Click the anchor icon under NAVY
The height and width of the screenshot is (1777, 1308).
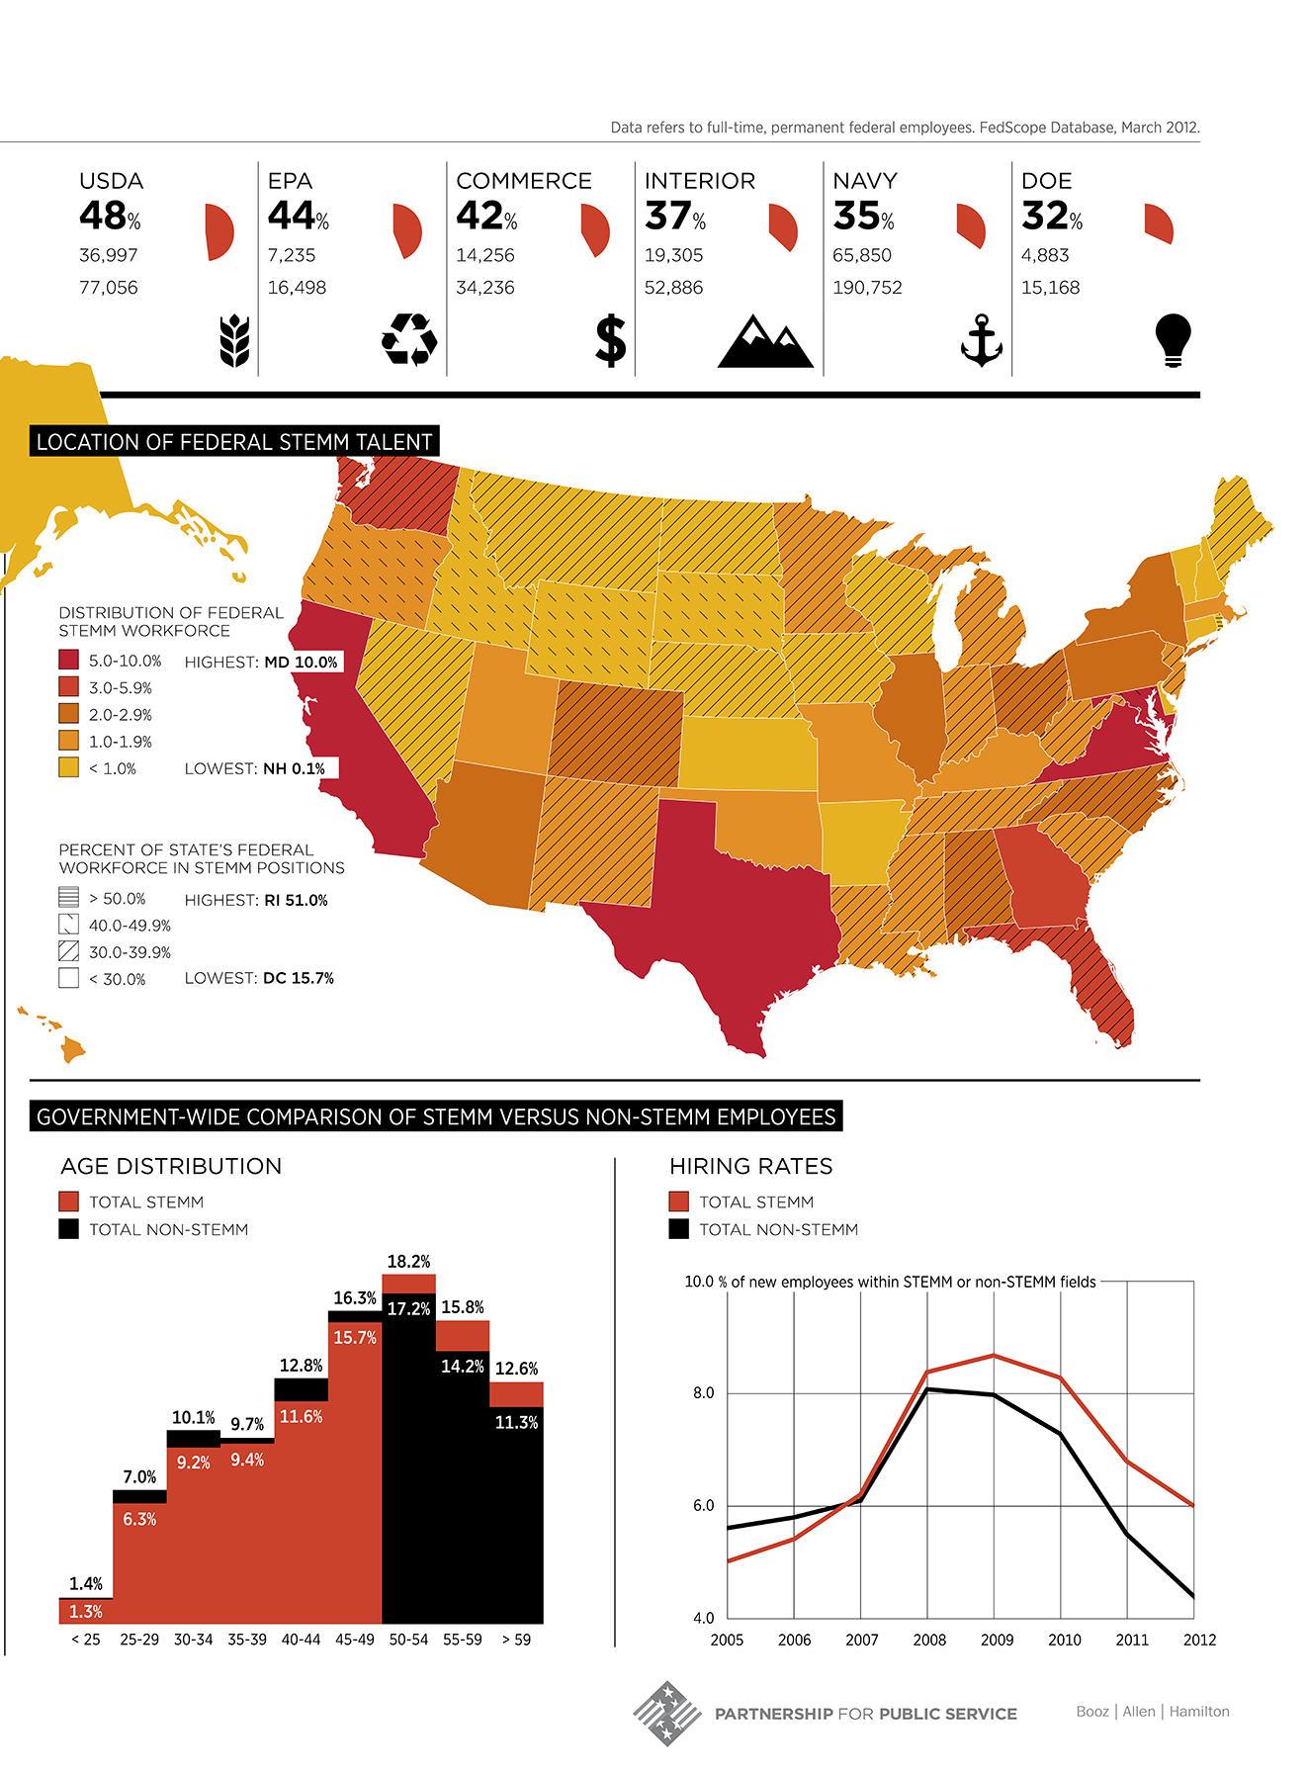point(982,340)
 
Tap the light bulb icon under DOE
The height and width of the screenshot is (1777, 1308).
point(1173,340)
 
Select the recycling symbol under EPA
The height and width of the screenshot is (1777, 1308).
point(409,339)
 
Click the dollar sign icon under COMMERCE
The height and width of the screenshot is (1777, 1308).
point(611,340)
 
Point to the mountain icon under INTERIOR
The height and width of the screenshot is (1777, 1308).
point(765,342)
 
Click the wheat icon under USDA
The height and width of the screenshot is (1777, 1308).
point(234,341)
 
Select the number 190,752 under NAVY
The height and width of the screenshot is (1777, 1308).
point(867,288)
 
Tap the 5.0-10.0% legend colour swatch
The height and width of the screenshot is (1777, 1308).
point(68,661)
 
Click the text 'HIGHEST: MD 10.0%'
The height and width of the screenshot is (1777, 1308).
point(262,662)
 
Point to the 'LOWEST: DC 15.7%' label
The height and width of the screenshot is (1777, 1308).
point(259,978)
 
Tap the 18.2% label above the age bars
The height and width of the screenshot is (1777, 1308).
point(408,1262)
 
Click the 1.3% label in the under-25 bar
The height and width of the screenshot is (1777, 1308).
point(86,1612)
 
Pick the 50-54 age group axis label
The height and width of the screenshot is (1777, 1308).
point(408,1640)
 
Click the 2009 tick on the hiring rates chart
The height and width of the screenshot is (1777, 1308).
point(997,1640)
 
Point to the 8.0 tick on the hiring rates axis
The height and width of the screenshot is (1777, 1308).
point(703,1393)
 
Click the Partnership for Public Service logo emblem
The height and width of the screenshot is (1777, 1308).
point(667,1713)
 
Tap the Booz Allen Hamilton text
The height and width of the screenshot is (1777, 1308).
point(1153,1712)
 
